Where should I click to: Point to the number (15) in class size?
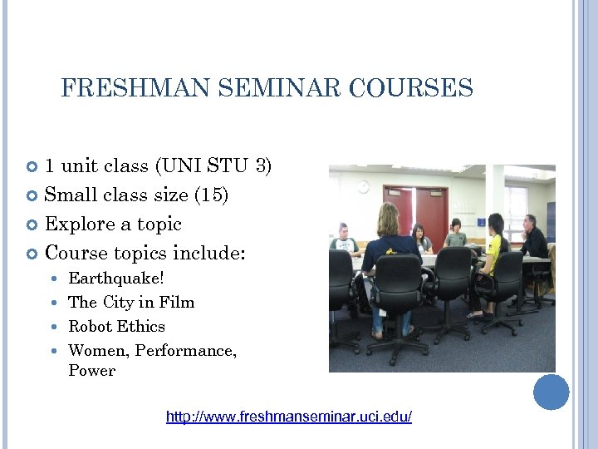click(x=211, y=195)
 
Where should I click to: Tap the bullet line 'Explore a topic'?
click(x=113, y=224)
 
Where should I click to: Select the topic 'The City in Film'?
click(x=131, y=302)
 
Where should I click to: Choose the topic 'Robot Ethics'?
click(x=116, y=326)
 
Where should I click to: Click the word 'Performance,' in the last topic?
click(x=185, y=350)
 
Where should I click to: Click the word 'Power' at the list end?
click(x=91, y=371)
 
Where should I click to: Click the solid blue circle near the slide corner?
click(x=551, y=392)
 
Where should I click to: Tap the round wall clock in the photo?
click(x=363, y=187)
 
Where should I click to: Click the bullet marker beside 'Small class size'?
click(x=34, y=195)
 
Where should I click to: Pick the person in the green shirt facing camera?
click(x=454, y=234)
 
